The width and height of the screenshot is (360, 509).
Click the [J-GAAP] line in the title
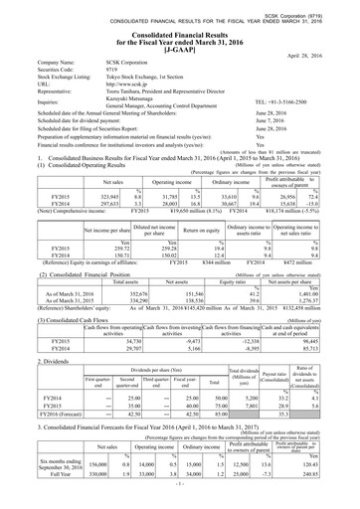pos(180,40)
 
